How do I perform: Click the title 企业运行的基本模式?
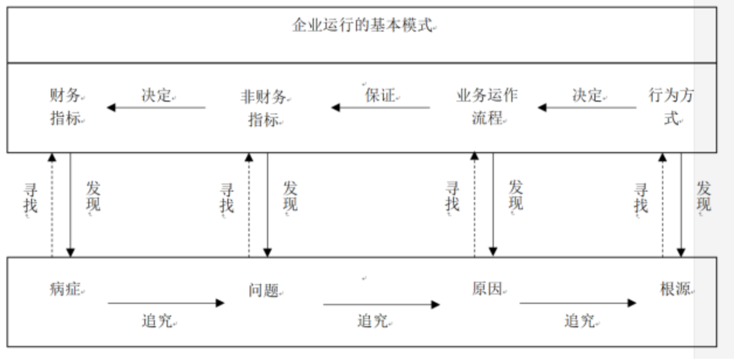tap(363, 26)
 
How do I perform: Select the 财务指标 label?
tap(65, 107)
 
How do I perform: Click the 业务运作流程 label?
tap(486, 106)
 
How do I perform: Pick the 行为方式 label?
tap(671, 106)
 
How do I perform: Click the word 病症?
tap(65, 289)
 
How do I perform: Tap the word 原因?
tap(487, 289)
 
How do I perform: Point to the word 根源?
tap(675, 289)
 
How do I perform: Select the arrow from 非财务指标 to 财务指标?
tap(156, 108)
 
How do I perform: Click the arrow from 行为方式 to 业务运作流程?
tap(587, 108)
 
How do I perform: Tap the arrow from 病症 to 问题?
tap(166, 303)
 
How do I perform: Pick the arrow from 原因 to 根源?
tap(577, 303)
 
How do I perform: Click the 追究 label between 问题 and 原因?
tap(372, 320)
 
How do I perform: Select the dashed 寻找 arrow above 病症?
tap(51, 205)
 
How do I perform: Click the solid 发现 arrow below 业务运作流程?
tap(493, 205)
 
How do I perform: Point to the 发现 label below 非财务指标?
tap(290, 196)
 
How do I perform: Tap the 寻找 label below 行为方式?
tap(641, 198)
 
